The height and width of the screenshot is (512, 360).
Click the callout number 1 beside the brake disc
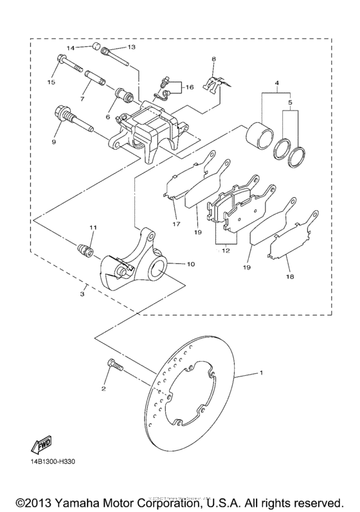pos(261,373)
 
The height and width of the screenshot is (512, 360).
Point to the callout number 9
pos(53,141)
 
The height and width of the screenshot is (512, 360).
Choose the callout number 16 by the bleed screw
pos(188,87)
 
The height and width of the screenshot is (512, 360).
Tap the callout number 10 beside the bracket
pos(190,264)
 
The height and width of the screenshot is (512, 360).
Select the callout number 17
pos(175,224)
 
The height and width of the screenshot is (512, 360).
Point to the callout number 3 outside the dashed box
pos(82,294)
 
